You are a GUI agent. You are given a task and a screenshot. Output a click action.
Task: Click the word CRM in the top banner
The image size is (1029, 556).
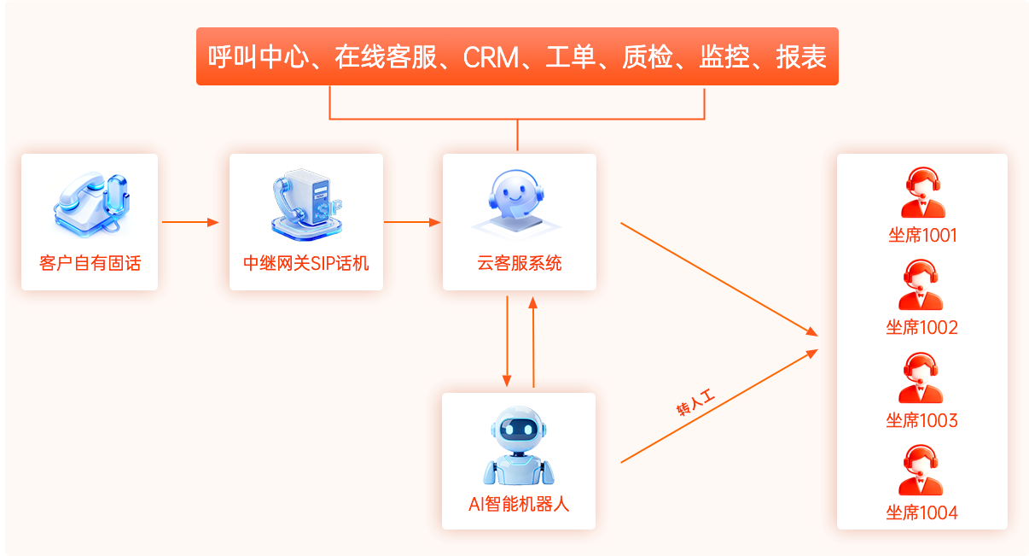491,57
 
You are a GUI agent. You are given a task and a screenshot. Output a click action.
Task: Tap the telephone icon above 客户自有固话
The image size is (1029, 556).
90,204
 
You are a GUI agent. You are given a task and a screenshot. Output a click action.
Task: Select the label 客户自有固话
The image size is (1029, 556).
90,263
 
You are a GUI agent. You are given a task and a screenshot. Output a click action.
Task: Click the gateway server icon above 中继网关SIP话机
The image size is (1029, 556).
305,204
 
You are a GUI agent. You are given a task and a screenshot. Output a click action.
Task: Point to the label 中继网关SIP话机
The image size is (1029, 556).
306,263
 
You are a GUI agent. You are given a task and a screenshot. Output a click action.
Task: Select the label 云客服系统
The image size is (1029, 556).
520,263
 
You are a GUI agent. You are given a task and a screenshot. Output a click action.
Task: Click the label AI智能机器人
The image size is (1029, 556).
519,504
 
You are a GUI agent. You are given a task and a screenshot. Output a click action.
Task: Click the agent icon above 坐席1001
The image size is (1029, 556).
922,193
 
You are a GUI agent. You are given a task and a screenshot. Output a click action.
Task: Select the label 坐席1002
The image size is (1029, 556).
921,328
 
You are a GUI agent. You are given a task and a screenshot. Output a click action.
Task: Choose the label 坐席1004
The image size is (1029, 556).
921,512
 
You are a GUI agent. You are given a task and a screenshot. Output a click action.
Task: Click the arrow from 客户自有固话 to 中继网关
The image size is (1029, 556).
190,223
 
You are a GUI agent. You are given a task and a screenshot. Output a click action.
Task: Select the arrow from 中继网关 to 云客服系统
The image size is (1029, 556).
412,223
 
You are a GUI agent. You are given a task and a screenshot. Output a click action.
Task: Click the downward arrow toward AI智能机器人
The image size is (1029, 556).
508,342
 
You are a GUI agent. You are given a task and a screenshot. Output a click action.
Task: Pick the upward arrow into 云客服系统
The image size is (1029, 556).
533,342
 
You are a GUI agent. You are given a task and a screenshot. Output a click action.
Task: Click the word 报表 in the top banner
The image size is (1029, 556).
801,57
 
